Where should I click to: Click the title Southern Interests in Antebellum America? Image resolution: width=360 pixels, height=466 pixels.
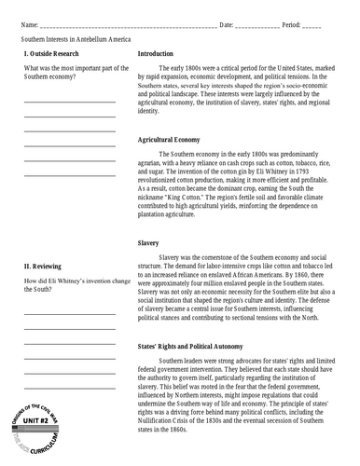click(76, 42)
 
